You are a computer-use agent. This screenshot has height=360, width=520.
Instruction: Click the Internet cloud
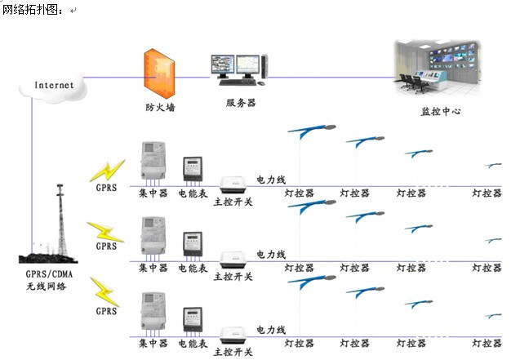point(54,85)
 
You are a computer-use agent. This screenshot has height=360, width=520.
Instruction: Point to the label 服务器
point(241,103)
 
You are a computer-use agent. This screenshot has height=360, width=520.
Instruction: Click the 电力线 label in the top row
point(271,179)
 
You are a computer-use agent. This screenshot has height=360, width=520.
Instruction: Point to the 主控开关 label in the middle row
point(234,276)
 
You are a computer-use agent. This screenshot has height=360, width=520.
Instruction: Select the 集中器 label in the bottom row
point(152,343)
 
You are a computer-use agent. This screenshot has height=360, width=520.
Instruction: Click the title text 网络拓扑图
point(30,10)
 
